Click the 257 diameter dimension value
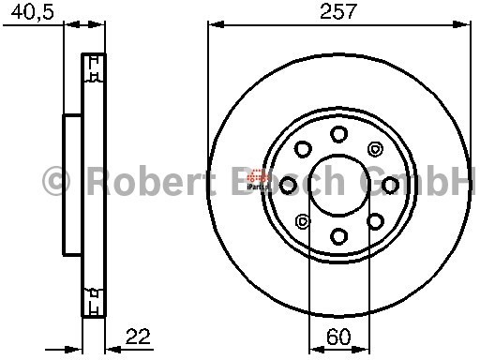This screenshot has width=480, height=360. coord(340,13)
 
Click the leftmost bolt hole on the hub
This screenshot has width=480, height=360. coord(289,185)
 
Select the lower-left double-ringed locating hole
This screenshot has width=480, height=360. coord(303,221)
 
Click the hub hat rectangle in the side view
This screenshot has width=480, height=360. coord(72,184)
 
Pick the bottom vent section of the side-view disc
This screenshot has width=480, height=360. coord(94,300)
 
